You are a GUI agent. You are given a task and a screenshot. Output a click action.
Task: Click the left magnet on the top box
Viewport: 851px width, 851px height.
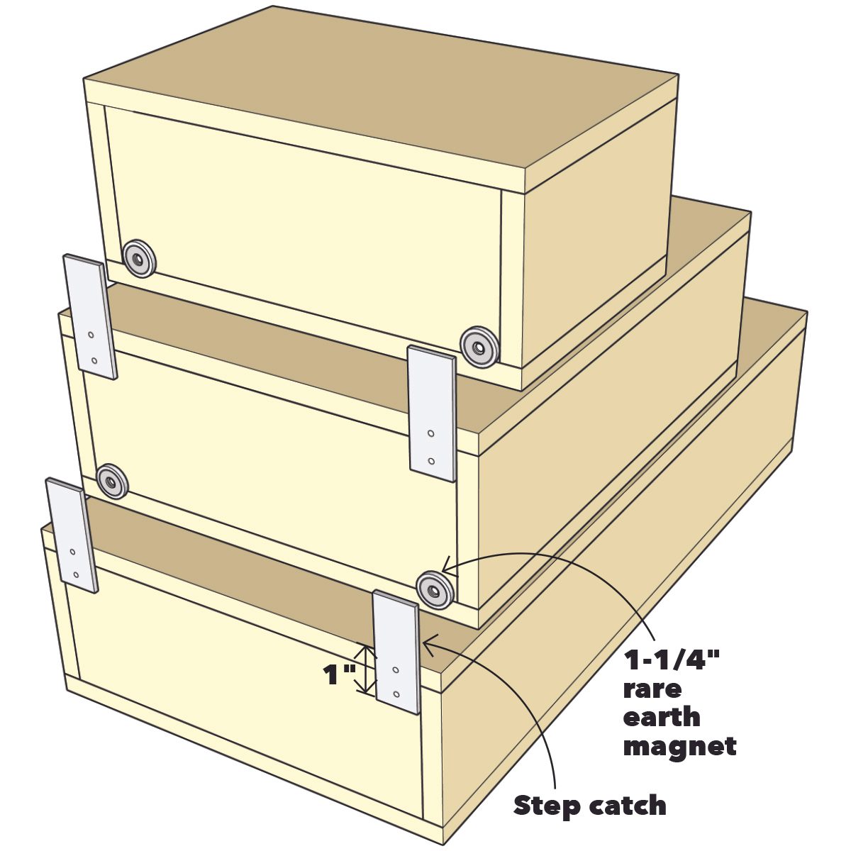140,259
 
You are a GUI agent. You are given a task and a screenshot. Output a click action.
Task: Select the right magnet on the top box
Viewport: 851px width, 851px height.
478,347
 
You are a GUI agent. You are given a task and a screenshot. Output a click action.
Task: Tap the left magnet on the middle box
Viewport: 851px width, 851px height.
112,482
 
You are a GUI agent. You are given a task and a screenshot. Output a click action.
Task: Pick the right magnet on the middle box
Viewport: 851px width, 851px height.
435,589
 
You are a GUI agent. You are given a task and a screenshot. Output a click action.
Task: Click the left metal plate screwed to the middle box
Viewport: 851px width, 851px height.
91,316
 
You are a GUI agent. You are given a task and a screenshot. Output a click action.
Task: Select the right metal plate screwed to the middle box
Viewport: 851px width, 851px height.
431,413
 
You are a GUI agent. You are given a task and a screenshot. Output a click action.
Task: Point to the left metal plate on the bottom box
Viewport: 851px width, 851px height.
72,535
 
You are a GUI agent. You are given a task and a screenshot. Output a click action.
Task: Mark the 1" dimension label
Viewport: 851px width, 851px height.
339,676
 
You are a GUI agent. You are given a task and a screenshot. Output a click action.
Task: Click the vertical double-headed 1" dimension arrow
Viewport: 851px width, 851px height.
365,669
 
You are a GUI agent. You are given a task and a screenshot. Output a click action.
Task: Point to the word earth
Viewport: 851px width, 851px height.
662,717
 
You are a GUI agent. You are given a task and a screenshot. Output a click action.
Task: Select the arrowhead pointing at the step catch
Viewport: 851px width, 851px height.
431,643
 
